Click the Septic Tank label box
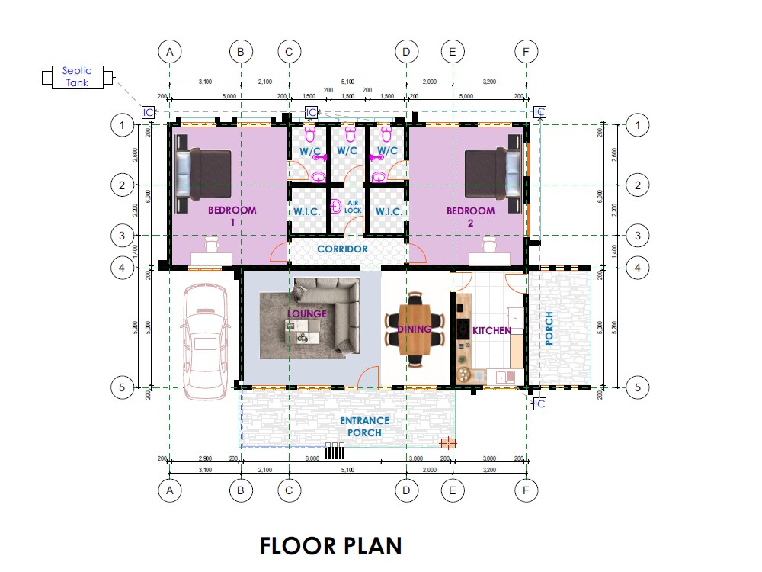77,76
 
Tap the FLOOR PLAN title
331,546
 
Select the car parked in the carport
204,335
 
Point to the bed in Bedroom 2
492,178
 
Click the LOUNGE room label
306,313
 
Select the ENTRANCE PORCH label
364,426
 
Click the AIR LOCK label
353,207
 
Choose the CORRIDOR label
342,249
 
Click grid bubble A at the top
169,52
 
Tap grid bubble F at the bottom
526,490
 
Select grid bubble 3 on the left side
122,236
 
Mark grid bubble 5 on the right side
637,387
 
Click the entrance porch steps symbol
335,451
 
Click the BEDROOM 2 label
470,216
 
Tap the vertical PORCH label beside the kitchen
549,329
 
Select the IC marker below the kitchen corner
539,403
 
